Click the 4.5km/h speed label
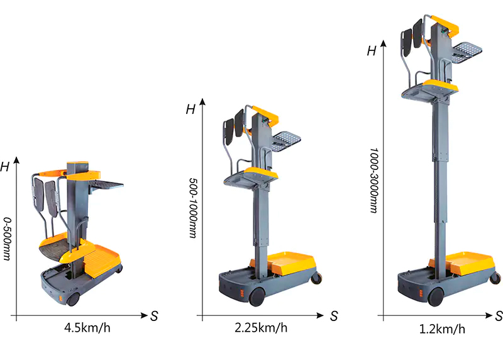tap(87, 328)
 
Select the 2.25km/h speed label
tap(261, 328)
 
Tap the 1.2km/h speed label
tap(442, 329)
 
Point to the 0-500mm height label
tap(7, 239)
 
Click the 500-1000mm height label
tap(193, 208)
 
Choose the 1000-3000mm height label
tap(373, 181)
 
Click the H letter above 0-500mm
tap(5, 167)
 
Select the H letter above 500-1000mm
tap(191, 110)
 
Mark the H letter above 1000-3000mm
tap(372, 51)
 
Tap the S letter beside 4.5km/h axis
tap(154, 317)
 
